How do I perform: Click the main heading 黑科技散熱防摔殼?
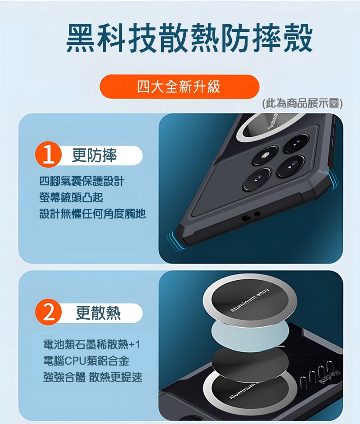click(x=189, y=38)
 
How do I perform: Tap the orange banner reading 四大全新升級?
click(x=180, y=87)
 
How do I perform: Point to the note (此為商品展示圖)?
click(x=302, y=103)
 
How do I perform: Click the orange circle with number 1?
click(x=49, y=155)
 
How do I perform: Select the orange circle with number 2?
click(x=49, y=312)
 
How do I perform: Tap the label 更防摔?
click(x=94, y=155)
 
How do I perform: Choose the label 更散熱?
click(x=98, y=312)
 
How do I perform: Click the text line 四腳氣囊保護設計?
click(x=82, y=181)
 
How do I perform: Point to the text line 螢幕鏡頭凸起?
click(x=71, y=197)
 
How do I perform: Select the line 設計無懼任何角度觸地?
click(x=93, y=214)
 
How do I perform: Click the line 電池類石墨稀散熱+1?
click(x=91, y=344)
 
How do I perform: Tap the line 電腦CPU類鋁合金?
click(x=86, y=361)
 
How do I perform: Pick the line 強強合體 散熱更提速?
click(x=93, y=377)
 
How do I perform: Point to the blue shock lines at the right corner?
click(x=333, y=179)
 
